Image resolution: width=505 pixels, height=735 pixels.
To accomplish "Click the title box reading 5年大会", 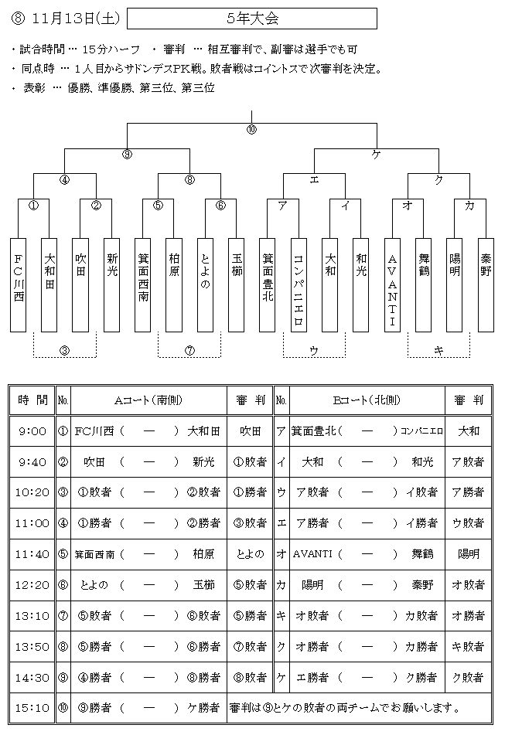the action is click(252, 19).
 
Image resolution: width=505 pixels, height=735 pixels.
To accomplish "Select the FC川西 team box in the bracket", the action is click(19, 285).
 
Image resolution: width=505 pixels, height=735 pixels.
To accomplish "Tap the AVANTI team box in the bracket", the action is click(392, 285).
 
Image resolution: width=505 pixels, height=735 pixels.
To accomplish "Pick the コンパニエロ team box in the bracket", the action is click(299, 285).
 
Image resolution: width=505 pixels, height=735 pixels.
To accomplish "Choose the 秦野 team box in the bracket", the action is click(486, 285).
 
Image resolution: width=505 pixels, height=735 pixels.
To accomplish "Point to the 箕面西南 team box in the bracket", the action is click(143, 285).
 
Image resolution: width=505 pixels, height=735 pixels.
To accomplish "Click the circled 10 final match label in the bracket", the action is click(252, 130).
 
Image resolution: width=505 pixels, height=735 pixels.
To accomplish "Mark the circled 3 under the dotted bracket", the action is click(65, 350).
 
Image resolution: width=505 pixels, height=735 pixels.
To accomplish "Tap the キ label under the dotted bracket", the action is click(439, 350).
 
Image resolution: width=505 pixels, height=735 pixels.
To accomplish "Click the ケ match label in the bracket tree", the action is click(376, 155).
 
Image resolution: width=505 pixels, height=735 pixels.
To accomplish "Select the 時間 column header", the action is click(32, 400).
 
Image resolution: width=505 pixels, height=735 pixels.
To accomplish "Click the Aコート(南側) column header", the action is click(148, 400).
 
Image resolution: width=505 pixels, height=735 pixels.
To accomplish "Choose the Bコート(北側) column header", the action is click(367, 400).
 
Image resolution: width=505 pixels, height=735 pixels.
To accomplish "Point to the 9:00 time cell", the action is click(32, 430).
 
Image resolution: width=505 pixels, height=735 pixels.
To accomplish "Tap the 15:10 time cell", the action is click(32, 708).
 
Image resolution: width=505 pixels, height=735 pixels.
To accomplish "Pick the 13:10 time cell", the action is click(32, 615).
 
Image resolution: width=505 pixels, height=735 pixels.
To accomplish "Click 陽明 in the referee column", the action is click(469, 554).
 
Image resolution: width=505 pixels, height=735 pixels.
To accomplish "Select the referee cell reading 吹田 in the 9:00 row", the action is click(250, 430).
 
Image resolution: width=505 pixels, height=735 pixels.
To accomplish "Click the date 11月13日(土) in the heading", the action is click(76, 19).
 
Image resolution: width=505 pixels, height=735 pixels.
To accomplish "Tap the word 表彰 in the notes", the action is click(34, 87).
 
